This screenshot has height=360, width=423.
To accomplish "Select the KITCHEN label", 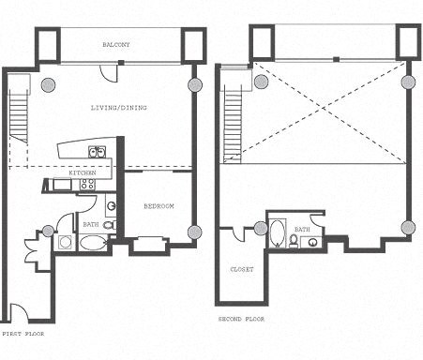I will [82, 174].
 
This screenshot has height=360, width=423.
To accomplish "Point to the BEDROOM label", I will [159, 205].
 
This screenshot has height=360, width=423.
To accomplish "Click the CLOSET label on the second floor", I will [241, 269].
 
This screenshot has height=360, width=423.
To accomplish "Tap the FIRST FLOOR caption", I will [23, 333].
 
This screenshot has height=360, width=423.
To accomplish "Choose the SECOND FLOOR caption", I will [242, 319].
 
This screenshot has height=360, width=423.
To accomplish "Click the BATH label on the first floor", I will [90, 225].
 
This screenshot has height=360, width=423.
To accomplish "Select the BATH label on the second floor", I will [302, 229].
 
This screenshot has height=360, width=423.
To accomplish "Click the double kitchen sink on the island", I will [96, 152].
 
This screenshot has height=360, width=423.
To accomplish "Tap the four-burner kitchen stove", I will [87, 185].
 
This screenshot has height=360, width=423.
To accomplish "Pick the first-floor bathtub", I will [93, 243].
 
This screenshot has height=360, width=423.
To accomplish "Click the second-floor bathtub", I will [278, 232].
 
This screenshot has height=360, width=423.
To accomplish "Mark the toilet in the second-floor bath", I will [295, 241].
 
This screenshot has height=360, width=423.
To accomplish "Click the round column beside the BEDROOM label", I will [194, 232].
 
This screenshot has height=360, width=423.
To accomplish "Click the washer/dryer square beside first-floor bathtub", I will [66, 242].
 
